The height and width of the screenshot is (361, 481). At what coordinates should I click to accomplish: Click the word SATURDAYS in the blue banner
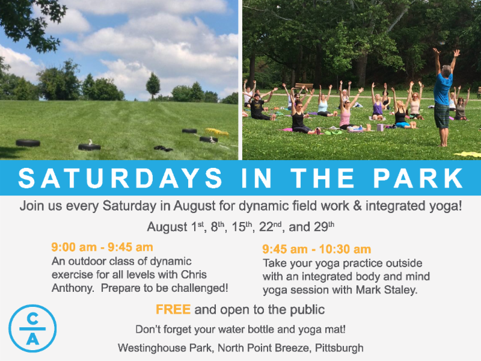[120, 177]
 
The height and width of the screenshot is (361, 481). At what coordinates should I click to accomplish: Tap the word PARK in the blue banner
[418, 177]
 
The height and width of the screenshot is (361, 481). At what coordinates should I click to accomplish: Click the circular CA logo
[32, 328]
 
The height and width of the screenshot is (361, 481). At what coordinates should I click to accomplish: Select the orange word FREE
[173, 309]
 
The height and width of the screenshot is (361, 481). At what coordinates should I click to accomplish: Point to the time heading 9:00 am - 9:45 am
[102, 247]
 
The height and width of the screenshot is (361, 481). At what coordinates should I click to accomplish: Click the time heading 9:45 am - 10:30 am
[317, 249]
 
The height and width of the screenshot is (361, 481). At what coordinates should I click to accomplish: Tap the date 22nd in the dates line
[270, 227]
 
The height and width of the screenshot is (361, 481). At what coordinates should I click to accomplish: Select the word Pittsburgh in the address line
[339, 348]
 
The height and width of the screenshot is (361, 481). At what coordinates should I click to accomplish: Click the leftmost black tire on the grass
[28, 143]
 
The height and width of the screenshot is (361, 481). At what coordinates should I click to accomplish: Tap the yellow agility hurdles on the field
[217, 132]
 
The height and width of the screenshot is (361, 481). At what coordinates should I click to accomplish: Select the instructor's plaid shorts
[442, 116]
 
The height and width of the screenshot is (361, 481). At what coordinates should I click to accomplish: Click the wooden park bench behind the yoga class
[304, 86]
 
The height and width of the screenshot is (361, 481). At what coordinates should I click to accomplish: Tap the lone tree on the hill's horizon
[153, 86]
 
